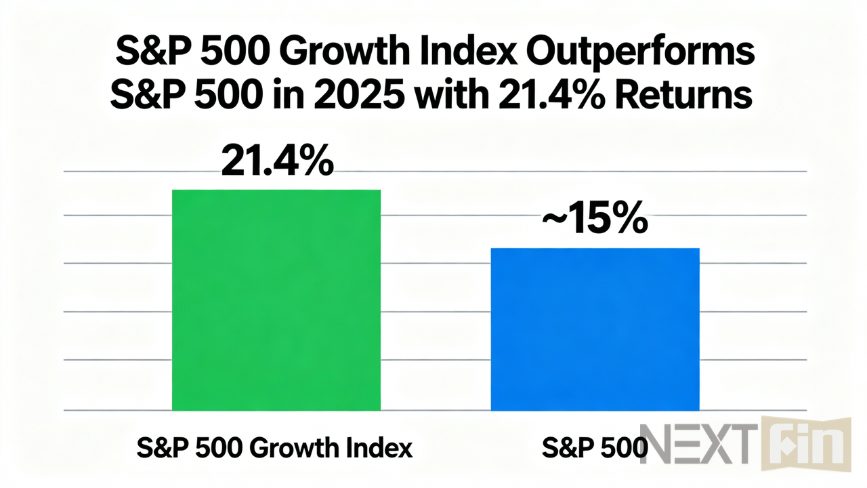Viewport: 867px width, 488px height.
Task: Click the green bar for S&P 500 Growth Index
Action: point(276,300)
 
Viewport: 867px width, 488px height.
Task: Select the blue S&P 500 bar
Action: point(595,329)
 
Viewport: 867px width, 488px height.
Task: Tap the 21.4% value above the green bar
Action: point(276,161)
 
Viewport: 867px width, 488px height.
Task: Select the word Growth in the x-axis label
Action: point(293,448)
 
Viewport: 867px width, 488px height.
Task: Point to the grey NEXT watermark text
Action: point(696,445)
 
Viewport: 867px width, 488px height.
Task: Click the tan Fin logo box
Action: point(806,445)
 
